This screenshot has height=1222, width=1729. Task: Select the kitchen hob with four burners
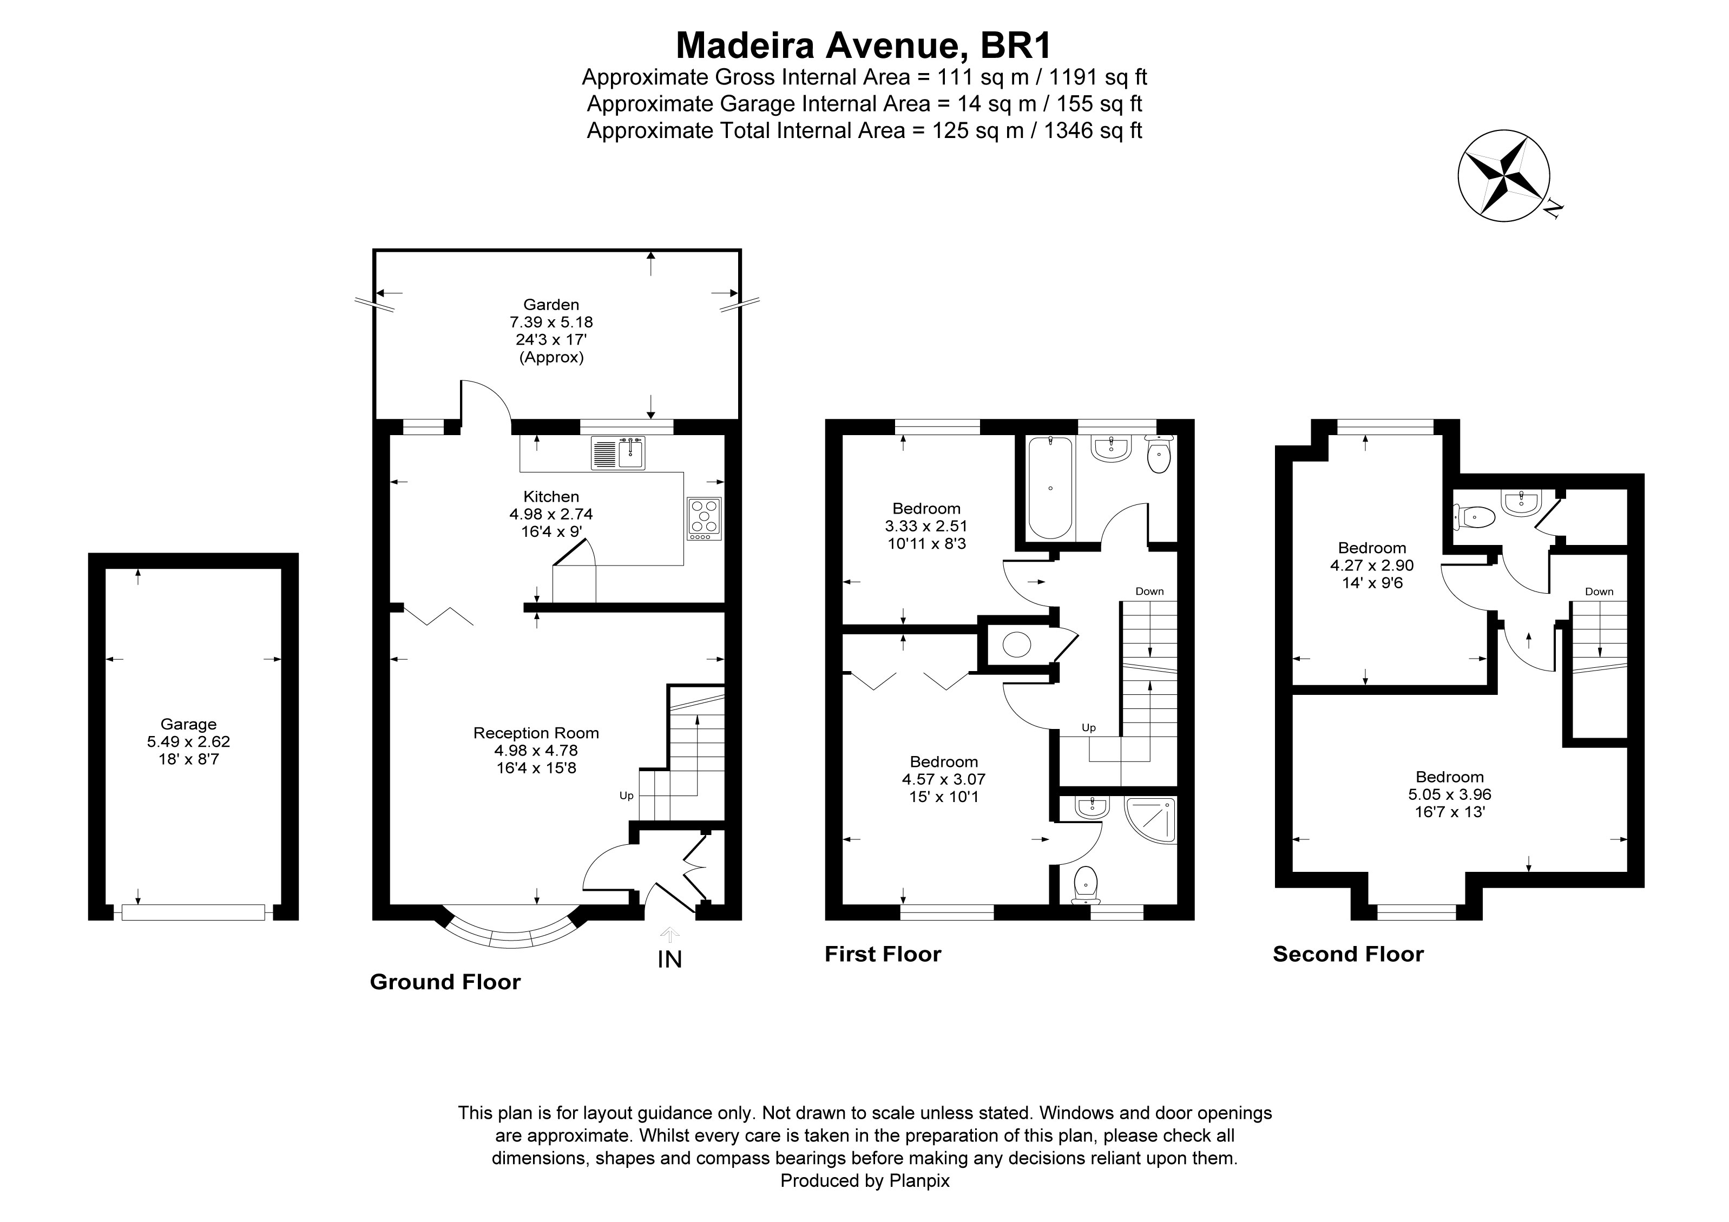point(704,518)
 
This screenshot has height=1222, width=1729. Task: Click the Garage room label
point(188,741)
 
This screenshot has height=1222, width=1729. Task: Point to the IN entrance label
point(669,959)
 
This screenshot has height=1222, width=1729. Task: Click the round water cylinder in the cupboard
point(1017,645)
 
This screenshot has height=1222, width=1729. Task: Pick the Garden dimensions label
point(551,331)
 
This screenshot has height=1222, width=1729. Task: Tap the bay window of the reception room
point(512,938)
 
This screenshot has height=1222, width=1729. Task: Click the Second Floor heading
point(1348,955)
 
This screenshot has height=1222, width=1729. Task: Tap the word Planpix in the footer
point(919,1180)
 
